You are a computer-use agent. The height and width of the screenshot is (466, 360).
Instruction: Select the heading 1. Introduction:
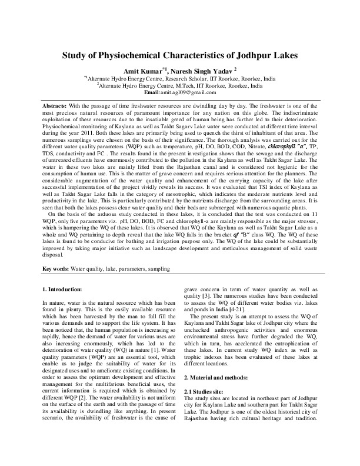67,290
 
